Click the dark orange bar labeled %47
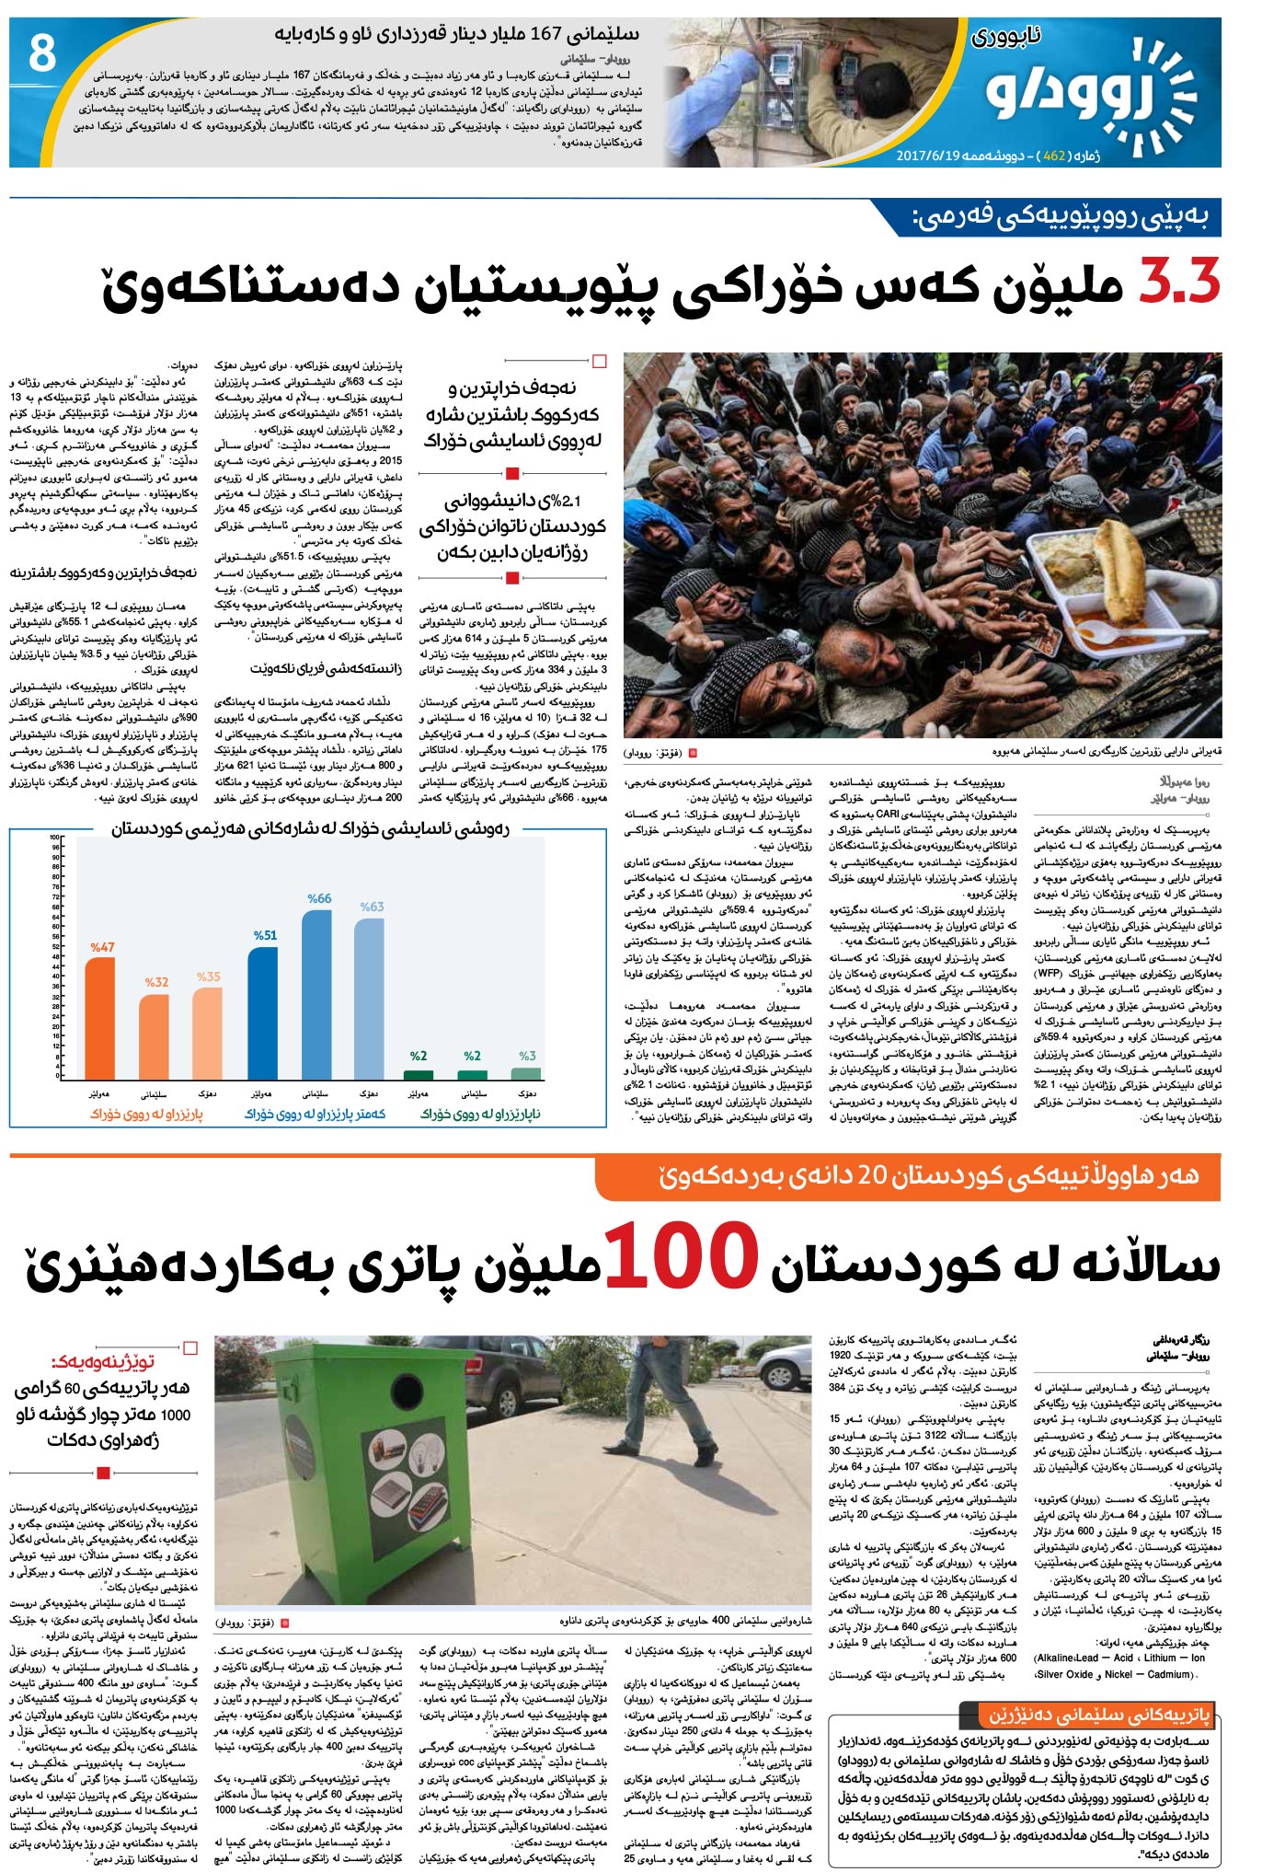(x=100, y=1018)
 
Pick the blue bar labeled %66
(x=317, y=994)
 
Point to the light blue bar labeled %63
(x=370, y=999)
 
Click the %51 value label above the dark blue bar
(x=265, y=935)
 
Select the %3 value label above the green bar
(x=527, y=1056)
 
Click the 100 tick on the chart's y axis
(x=54, y=838)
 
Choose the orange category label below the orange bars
(x=146, y=1114)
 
